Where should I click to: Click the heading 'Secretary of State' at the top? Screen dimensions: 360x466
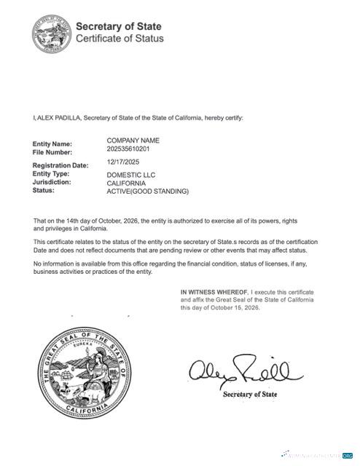coord(119,25)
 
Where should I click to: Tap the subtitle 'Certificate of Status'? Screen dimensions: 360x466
coord(120,39)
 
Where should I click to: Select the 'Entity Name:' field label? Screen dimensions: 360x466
coord(52,144)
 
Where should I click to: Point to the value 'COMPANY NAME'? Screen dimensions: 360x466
coord(133,140)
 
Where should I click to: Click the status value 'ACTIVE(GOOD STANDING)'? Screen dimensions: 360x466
coord(147,191)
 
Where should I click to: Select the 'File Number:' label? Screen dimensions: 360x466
coord(52,153)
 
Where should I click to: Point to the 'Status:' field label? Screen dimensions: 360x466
coord(44,191)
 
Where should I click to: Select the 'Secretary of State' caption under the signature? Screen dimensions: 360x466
coord(250,394)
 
